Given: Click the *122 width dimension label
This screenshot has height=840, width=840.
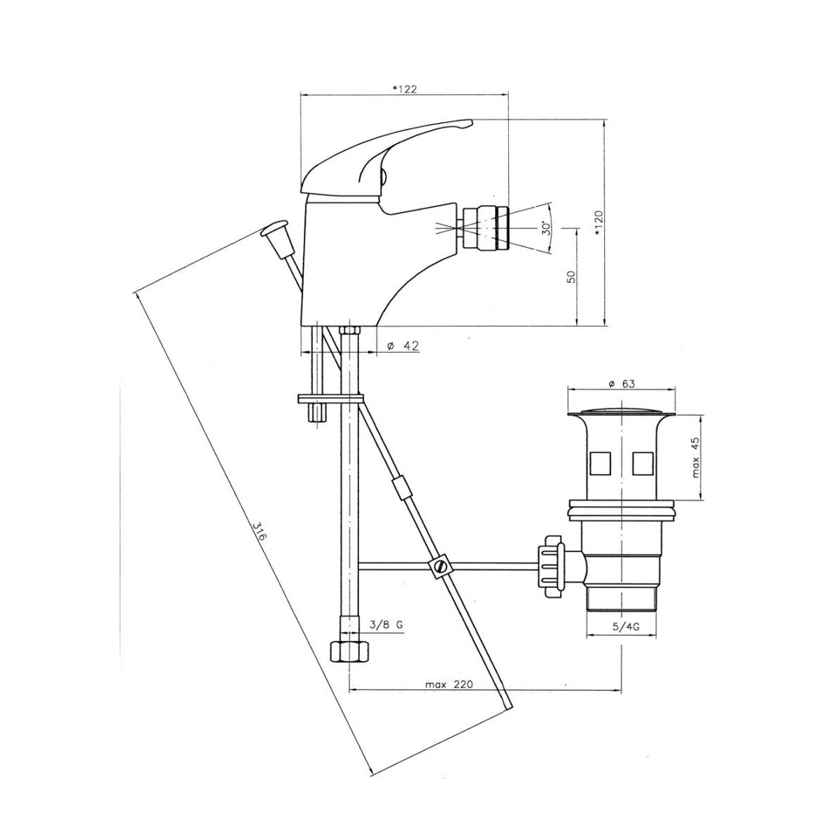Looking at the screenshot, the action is tap(405, 90).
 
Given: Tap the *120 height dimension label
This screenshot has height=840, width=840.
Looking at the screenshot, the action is tap(598, 223).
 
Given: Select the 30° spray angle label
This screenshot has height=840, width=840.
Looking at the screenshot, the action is tap(546, 227).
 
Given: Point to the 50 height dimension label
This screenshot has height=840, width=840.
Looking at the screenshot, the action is tap(571, 276).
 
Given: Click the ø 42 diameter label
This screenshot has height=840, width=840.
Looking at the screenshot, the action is tap(402, 346).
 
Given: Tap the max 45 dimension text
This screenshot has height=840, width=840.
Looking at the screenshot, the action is tap(695, 457).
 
